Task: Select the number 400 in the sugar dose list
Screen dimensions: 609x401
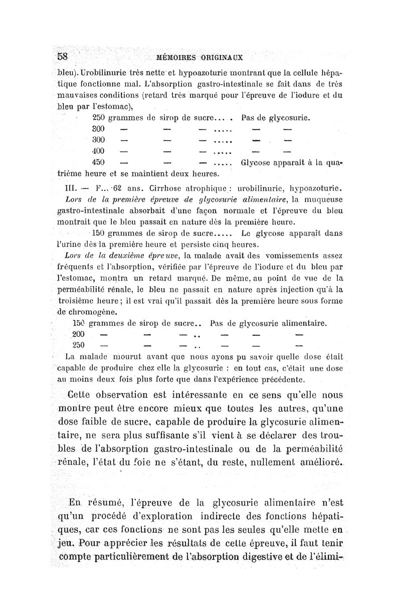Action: tap(100, 150)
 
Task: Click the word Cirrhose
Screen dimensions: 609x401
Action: tap(161, 189)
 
